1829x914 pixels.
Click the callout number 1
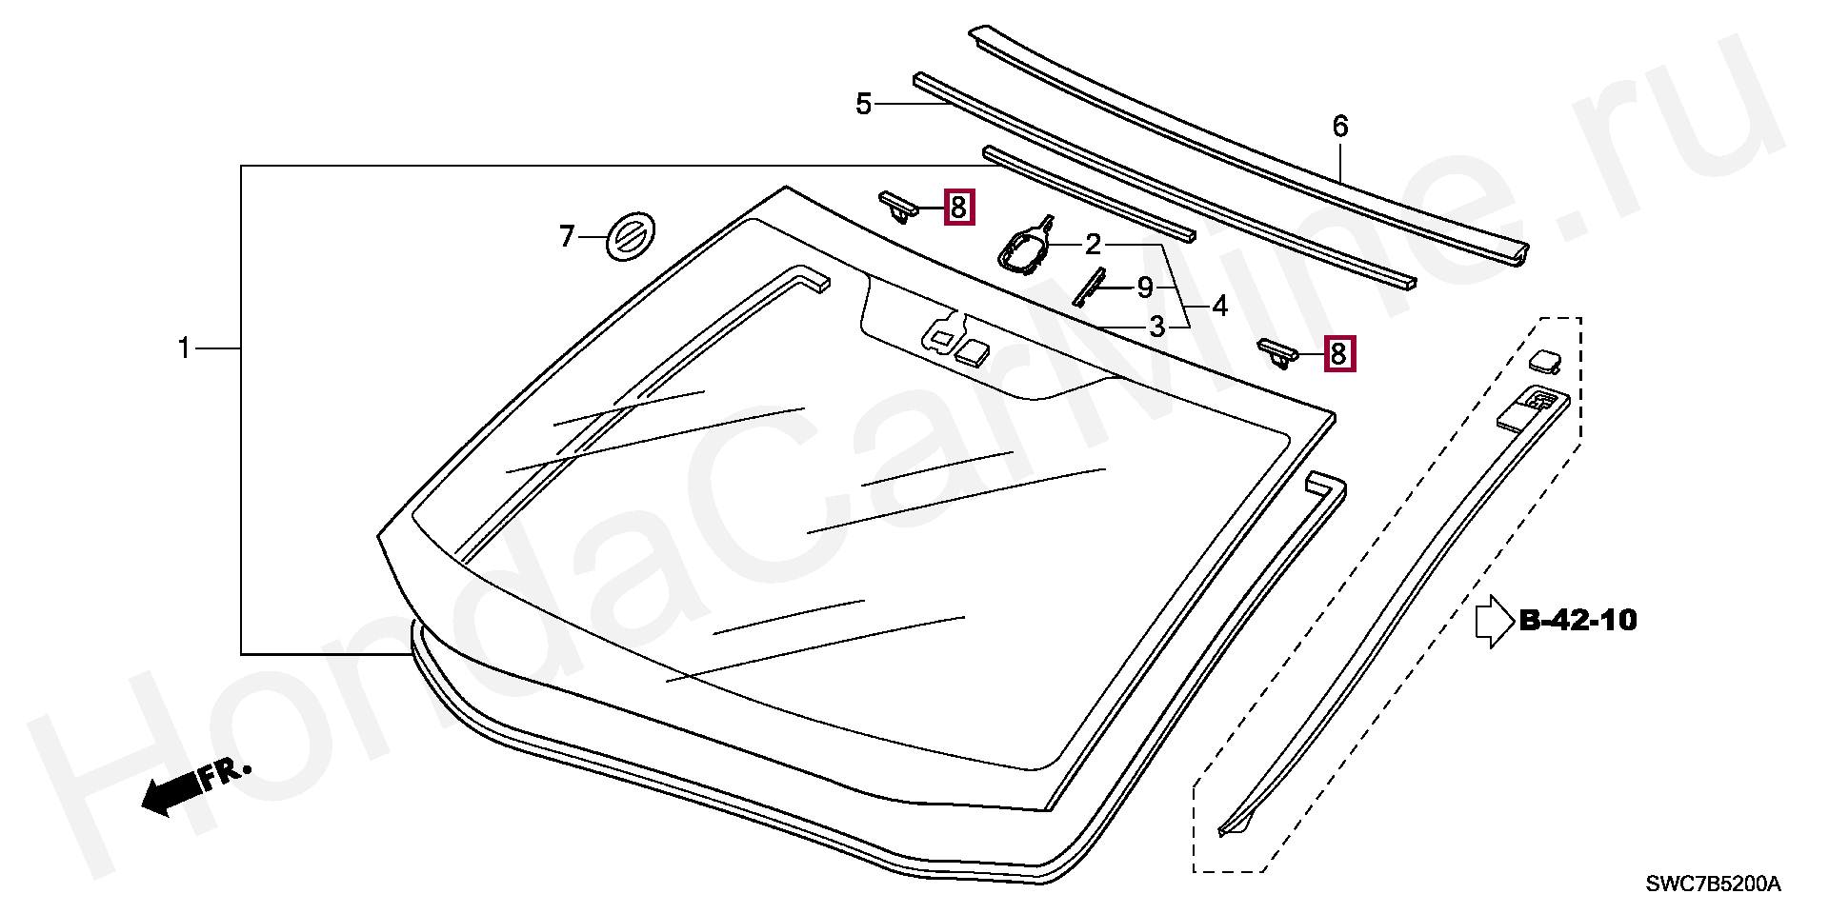coord(185,349)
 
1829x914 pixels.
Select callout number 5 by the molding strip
coord(864,104)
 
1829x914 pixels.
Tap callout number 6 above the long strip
coord(1340,126)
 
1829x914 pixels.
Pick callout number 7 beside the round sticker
coord(567,236)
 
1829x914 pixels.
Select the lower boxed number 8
coord(1338,354)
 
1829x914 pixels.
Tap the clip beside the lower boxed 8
coord(1278,352)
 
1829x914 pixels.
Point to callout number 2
coord(1093,246)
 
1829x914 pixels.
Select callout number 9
coord(1145,287)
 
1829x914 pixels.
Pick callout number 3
coord(1156,328)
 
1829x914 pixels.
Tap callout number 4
coord(1220,307)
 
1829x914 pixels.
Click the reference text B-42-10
coord(1578,621)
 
